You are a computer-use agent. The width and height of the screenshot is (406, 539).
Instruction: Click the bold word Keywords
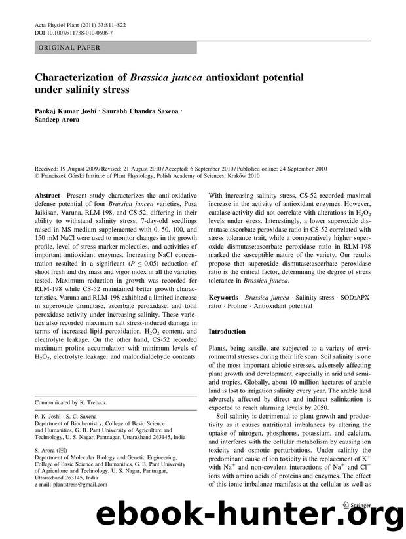point(223,296)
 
